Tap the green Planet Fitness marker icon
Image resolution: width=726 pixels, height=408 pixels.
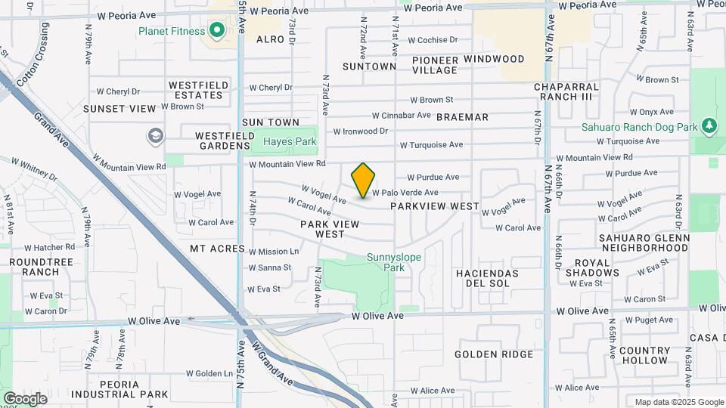217,31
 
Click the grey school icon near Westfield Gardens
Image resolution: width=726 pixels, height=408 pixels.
156,135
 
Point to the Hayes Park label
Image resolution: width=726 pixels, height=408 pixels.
290,141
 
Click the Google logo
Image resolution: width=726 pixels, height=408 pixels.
25,398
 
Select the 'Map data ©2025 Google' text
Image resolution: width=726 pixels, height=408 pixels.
678,402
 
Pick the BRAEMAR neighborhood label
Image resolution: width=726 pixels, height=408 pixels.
462,117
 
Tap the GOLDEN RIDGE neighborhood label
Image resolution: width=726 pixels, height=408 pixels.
494,354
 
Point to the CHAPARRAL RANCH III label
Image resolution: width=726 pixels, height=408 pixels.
566,91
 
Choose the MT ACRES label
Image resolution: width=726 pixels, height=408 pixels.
217,249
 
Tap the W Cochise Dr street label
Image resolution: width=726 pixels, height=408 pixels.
433,40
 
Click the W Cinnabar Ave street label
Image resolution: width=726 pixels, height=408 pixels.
402,116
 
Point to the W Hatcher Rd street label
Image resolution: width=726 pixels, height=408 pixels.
49,247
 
